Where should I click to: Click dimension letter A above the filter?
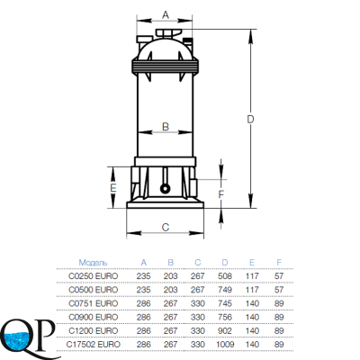[166, 14]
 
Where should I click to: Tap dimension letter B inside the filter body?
[166, 127]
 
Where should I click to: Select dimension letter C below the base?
[166, 227]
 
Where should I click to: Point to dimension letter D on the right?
[250, 119]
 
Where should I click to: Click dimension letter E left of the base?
[112, 188]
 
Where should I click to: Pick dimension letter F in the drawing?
[220, 194]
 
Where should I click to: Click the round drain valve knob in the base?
[165, 188]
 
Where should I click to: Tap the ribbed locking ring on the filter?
[165, 66]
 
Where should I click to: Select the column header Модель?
[93, 263]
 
